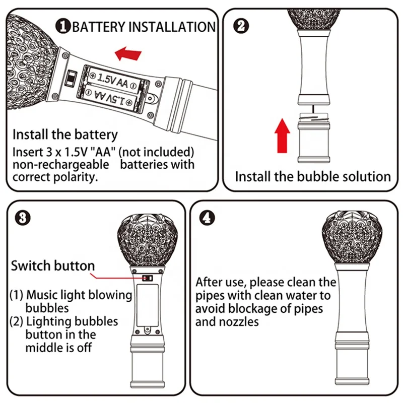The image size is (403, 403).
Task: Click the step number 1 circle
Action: coord(63,27)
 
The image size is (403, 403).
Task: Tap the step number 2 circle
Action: coord(242,25)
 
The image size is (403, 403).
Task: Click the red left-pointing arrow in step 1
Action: coord(127,52)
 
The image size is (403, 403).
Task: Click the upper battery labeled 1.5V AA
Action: coord(113,79)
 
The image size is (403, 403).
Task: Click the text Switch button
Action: coord(53,265)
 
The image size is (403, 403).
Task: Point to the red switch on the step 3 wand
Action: coord(147,278)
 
